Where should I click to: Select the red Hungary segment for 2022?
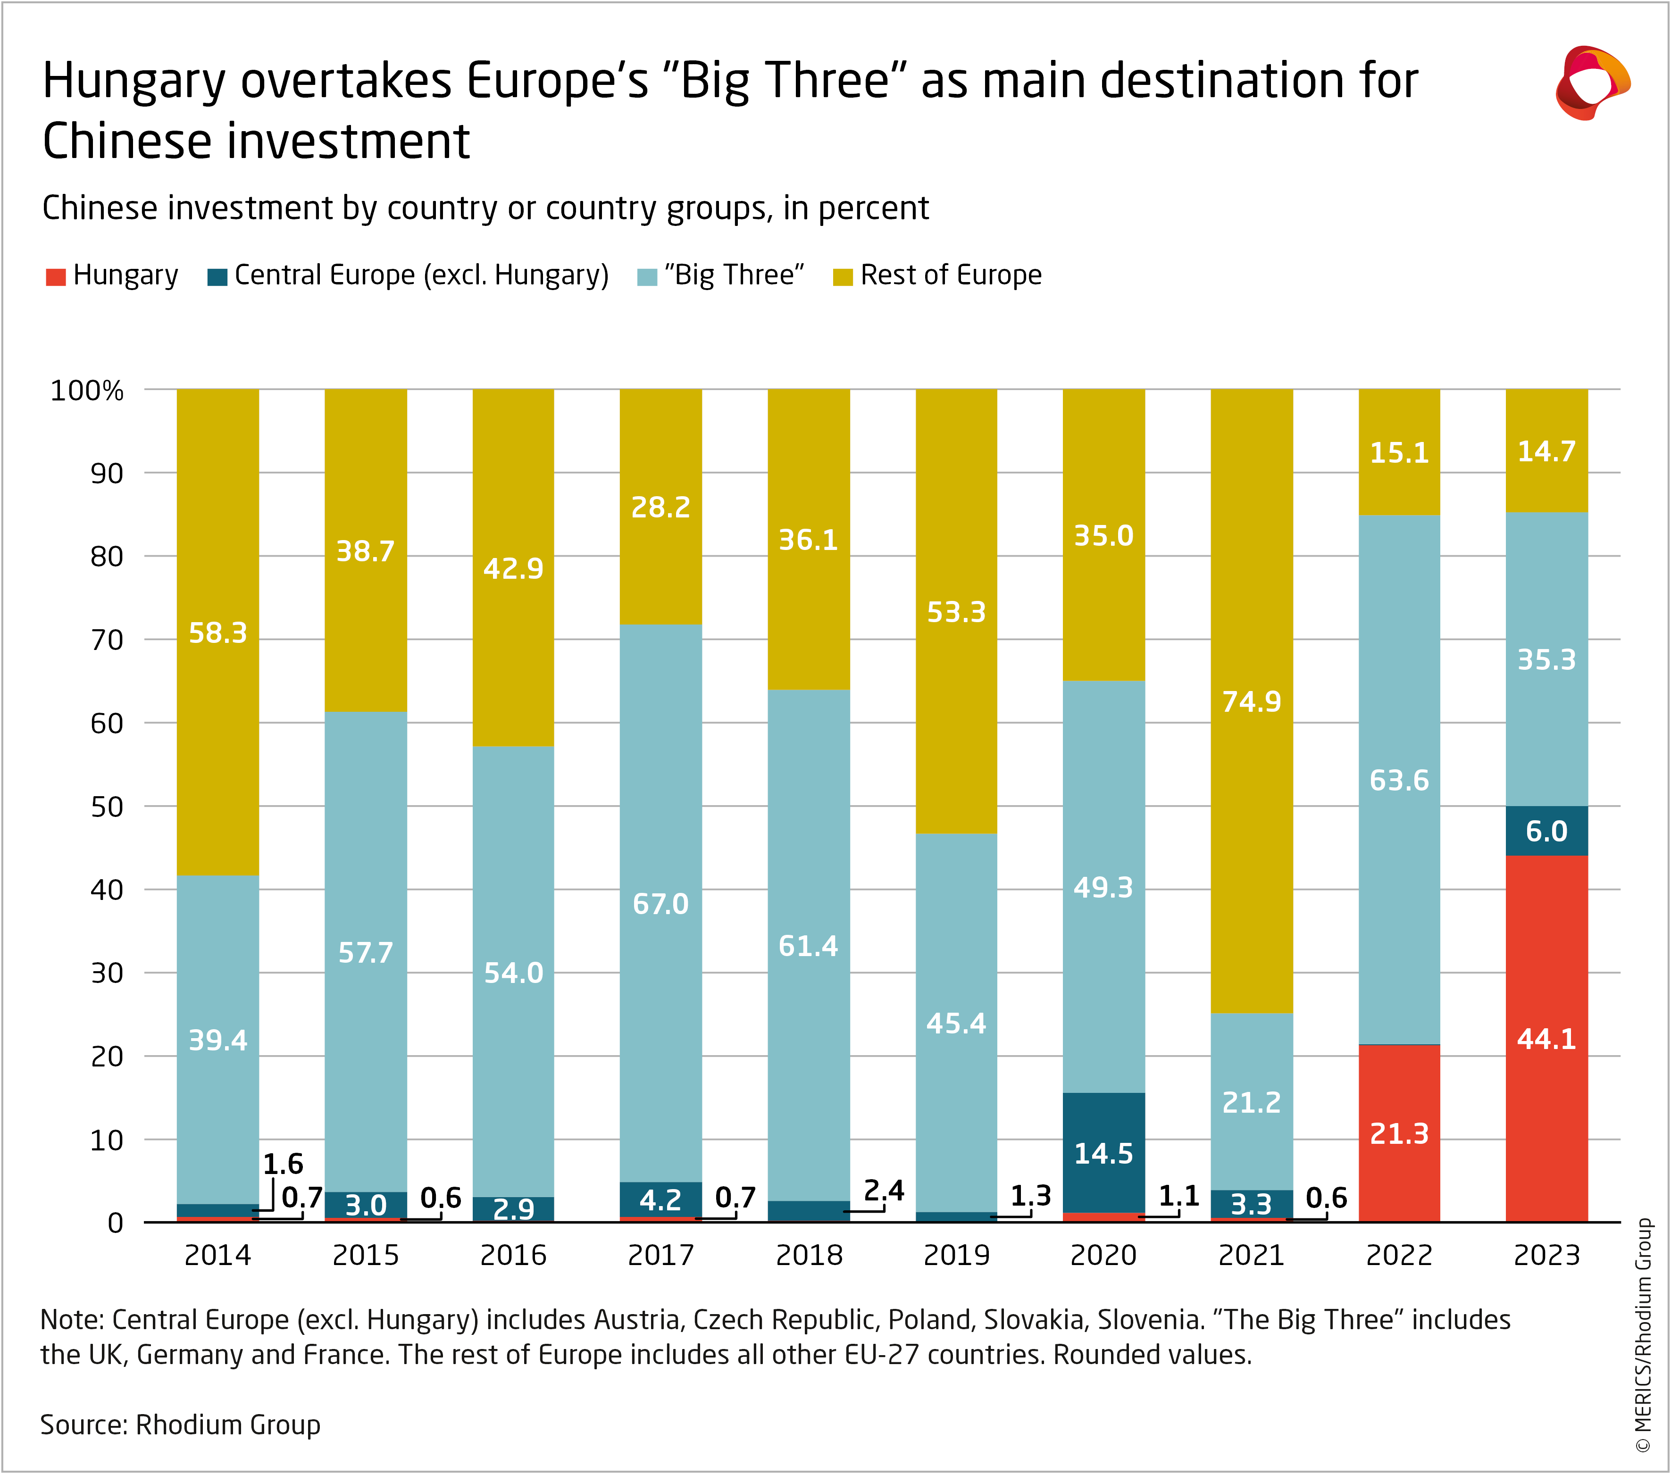tap(1399, 1133)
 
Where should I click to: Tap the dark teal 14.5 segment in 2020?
tap(1103, 1153)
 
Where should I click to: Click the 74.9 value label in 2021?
tap(1251, 701)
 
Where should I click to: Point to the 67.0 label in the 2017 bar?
tap(660, 903)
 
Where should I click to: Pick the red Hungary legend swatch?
tap(56, 276)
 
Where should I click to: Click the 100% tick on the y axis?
tap(87, 391)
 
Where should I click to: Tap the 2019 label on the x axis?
tap(956, 1255)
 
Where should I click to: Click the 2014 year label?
tap(217, 1255)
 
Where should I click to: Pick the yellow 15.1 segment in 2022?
tap(1399, 452)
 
